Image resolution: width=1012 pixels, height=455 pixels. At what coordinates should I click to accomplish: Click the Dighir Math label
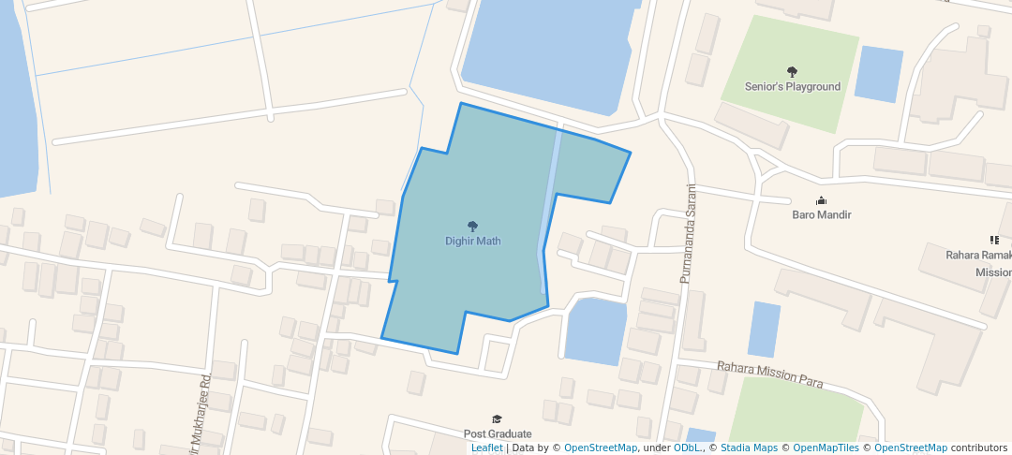click(472, 241)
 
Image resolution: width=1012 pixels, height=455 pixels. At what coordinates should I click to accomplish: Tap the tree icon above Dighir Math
click(472, 226)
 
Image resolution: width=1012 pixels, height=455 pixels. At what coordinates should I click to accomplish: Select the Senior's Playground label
click(793, 86)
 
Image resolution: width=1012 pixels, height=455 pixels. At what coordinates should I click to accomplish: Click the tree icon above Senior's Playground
click(793, 71)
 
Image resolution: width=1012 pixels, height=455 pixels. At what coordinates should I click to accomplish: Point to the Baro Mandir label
click(822, 214)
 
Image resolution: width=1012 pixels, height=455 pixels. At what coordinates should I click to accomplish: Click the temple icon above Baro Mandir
click(822, 199)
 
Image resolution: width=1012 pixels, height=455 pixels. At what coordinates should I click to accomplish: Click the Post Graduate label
click(498, 433)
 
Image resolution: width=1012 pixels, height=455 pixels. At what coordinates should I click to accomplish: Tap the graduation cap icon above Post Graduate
click(498, 418)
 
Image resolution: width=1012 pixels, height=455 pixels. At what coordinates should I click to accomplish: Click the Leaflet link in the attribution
click(487, 448)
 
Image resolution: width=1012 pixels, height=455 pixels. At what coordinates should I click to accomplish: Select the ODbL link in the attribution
click(688, 448)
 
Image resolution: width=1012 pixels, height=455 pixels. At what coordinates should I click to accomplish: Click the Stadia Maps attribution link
click(749, 448)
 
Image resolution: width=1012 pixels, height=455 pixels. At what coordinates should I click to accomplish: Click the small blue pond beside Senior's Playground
click(879, 73)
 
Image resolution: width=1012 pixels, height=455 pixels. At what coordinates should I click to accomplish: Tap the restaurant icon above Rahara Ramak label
click(994, 241)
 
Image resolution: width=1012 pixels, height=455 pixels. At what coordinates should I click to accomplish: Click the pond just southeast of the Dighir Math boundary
click(595, 330)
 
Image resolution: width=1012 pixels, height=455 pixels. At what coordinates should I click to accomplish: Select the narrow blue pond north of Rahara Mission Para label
click(764, 329)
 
